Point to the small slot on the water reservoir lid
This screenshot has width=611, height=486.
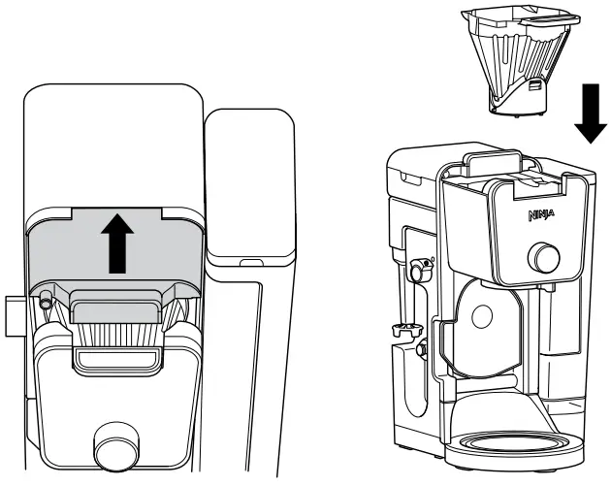250,262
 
